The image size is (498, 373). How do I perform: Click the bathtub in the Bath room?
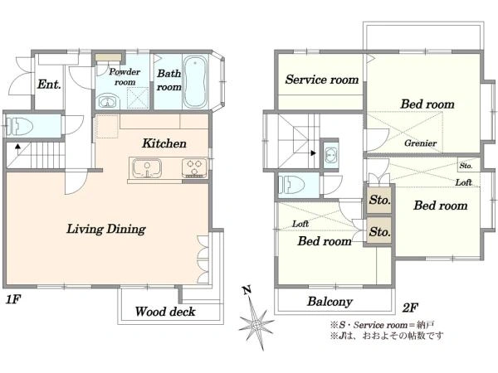195,82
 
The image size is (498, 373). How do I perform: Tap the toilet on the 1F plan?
20,126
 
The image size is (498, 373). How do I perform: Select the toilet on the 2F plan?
291,185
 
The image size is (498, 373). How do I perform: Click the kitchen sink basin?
147,168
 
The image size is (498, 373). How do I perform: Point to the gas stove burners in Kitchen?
194,168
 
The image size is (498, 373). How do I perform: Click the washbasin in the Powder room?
108,101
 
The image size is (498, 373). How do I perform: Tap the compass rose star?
256,324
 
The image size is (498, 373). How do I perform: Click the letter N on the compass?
247,289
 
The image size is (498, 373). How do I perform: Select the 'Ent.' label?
49,85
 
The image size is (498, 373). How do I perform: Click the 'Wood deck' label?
165,312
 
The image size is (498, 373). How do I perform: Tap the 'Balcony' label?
330,302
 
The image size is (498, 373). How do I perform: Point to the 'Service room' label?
322,80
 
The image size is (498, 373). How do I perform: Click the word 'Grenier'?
420,143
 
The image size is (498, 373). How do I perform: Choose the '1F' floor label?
13,299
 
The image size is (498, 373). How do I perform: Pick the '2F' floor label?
410,308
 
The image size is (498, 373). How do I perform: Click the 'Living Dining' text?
106,229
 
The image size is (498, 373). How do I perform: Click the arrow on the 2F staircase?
313,153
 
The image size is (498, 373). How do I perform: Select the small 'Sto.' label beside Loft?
466,166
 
